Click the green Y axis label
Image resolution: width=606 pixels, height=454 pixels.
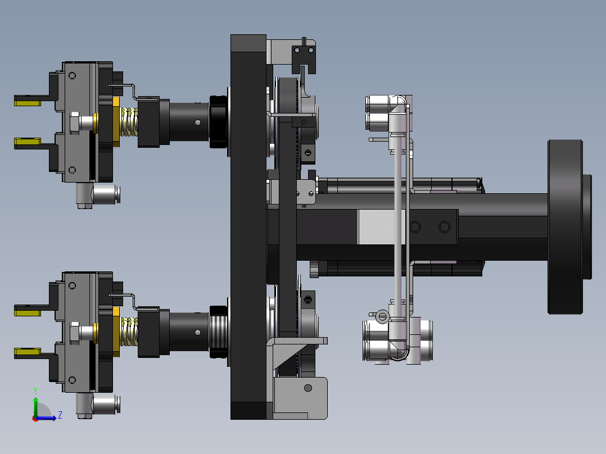[x=35, y=391]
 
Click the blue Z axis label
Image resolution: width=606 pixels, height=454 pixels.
[x=60, y=415]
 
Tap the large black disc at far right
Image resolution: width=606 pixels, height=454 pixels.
[x=565, y=227]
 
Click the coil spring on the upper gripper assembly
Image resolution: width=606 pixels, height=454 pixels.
[x=129, y=122]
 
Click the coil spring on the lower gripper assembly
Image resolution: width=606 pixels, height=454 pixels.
[x=129, y=332]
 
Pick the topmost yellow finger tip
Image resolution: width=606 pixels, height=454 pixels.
[x=27, y=102]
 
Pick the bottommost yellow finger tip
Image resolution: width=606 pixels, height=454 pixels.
[x=27, y=352]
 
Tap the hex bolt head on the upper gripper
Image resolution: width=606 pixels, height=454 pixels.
[x=75, y=123]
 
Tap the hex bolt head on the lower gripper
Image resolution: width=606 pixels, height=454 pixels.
[x=75, y=333]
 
